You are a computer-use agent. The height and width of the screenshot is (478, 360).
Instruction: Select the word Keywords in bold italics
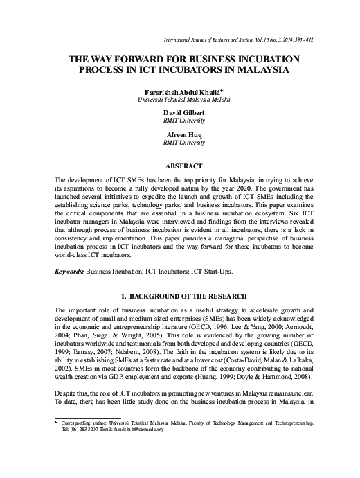pyautogui.click(x=70, y=254)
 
